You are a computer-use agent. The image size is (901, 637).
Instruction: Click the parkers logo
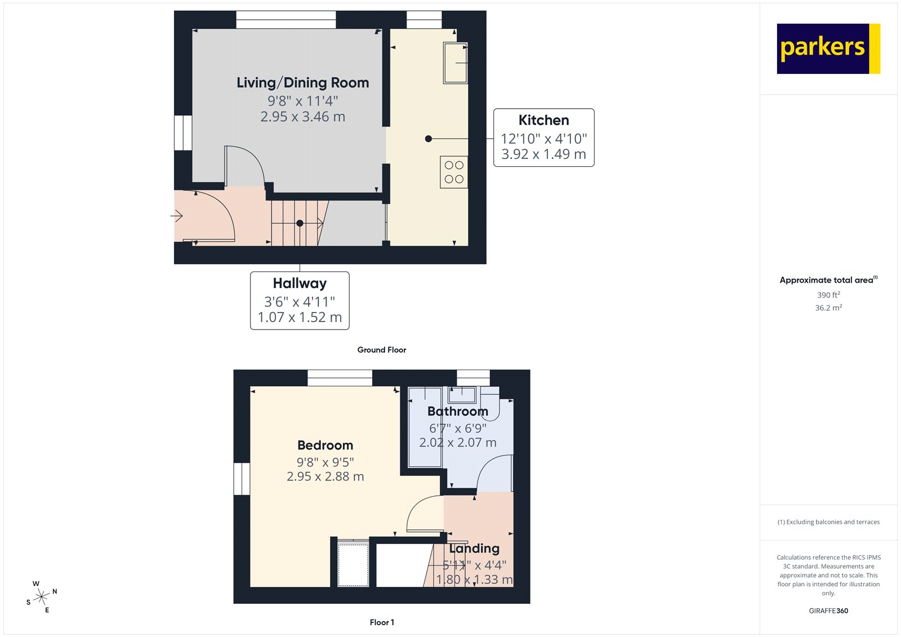[828, 48]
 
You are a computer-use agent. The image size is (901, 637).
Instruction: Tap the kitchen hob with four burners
[454, 172]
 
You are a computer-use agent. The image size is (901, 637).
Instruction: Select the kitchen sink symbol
[455, 63]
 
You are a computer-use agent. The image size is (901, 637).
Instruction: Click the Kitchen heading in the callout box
[543, 121]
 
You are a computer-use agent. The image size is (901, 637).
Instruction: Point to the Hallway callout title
[300, 283]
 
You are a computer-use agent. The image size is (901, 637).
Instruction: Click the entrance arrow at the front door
[177, 216]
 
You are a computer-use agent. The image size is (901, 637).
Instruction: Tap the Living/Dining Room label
[302, 83]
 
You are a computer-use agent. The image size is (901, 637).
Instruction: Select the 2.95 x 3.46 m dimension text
[302, 117]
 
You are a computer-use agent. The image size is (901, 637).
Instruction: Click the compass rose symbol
[41, 596]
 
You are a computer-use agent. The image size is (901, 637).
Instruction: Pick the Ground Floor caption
[381, 350]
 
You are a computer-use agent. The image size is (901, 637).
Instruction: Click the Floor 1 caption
[382, 622]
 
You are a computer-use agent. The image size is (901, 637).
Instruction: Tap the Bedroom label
[325, 446]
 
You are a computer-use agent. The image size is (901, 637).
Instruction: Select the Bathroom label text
[457, 412]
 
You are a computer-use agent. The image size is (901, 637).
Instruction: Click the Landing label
[474, 549]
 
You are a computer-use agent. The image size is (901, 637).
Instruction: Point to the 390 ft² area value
[828, 295]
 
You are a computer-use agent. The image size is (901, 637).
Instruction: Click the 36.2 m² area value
[828, 308]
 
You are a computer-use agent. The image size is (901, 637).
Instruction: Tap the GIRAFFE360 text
[828, 611]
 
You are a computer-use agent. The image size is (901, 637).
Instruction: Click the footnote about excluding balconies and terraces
[828, 522]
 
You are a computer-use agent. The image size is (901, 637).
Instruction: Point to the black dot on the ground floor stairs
[300, 224]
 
